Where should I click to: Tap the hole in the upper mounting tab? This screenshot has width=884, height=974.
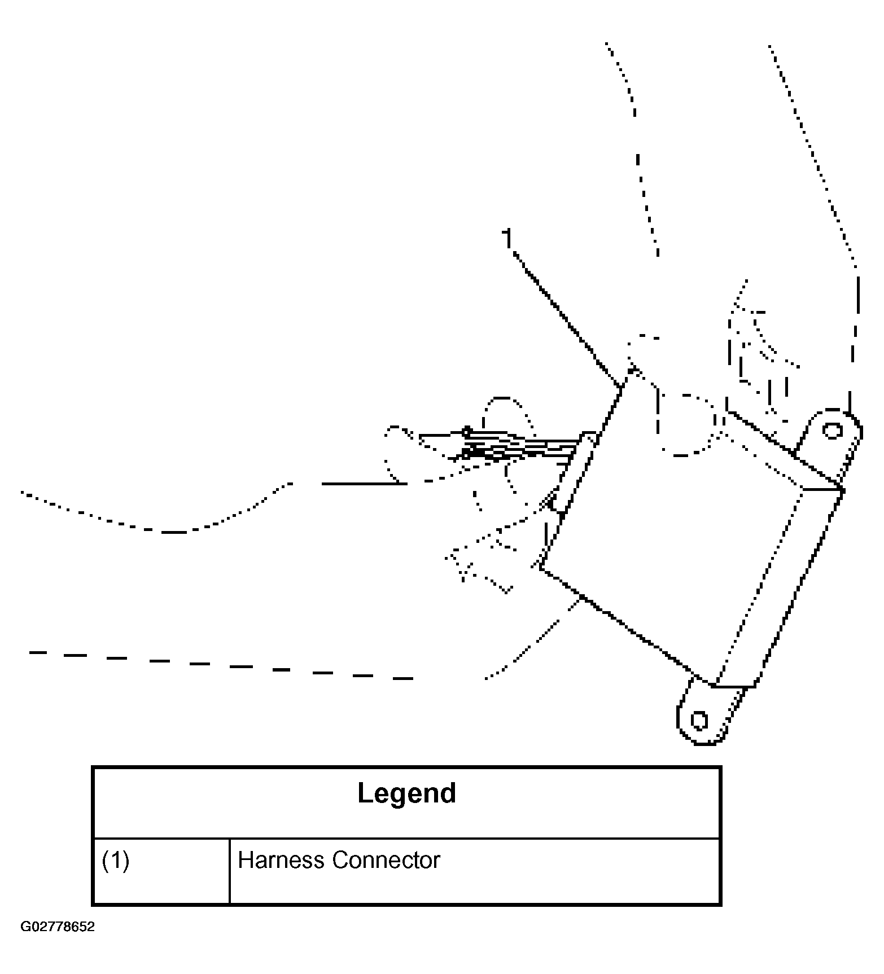pyautogui.click(x=832, y=431)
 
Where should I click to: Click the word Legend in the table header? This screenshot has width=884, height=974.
pyautogui.click(x=406, y=793)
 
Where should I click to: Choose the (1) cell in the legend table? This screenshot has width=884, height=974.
pyautogui.click(x=116, y=860)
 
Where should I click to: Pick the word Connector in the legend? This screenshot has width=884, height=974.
pyautogui.click(x=386, y=860)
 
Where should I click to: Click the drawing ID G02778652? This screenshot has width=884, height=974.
pyautogui.click(x=58, y=927)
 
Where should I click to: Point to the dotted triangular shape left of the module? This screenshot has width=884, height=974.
pyautogui.click(x=480, y=564)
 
